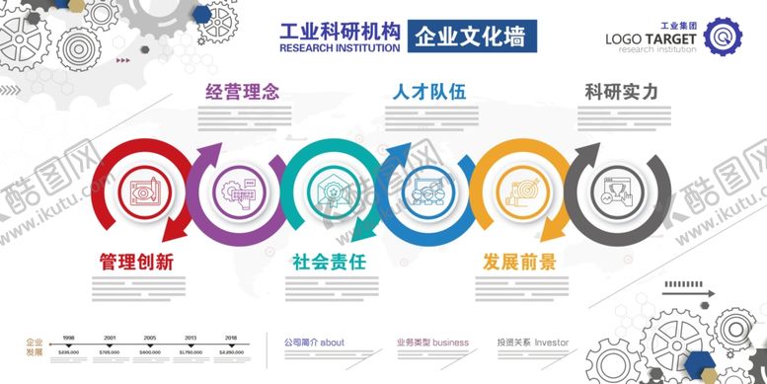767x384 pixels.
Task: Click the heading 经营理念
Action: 242,93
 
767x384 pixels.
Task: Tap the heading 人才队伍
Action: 428,93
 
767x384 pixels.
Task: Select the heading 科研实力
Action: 621,93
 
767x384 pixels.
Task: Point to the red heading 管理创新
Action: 137,262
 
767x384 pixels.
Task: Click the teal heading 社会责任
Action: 329,262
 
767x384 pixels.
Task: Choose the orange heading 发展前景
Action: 519,262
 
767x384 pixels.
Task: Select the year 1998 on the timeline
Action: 69,337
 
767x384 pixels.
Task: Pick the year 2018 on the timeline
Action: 230,337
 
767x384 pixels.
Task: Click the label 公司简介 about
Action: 314,343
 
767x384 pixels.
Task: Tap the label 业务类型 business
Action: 432,343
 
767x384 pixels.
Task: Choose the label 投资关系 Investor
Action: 533,343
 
